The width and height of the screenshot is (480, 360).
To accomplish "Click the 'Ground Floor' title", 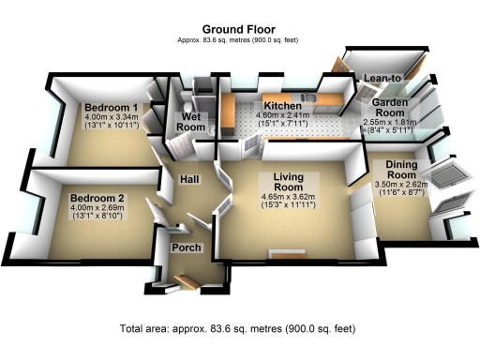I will (x=239, y=29).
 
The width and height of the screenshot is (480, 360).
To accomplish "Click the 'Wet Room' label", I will (x=191, y=122).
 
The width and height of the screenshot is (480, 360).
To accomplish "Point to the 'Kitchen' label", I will (x=281, y=107).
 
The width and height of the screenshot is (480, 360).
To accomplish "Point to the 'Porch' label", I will (x=186, y=247).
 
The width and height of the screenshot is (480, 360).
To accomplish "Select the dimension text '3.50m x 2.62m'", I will (x=400, y=185).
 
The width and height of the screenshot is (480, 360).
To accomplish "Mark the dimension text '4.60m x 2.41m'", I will (x=281, y=117).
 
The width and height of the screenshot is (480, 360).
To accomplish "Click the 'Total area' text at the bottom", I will (x=239, y=329).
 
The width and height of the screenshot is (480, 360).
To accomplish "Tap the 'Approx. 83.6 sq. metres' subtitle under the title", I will (x=239, y=39).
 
